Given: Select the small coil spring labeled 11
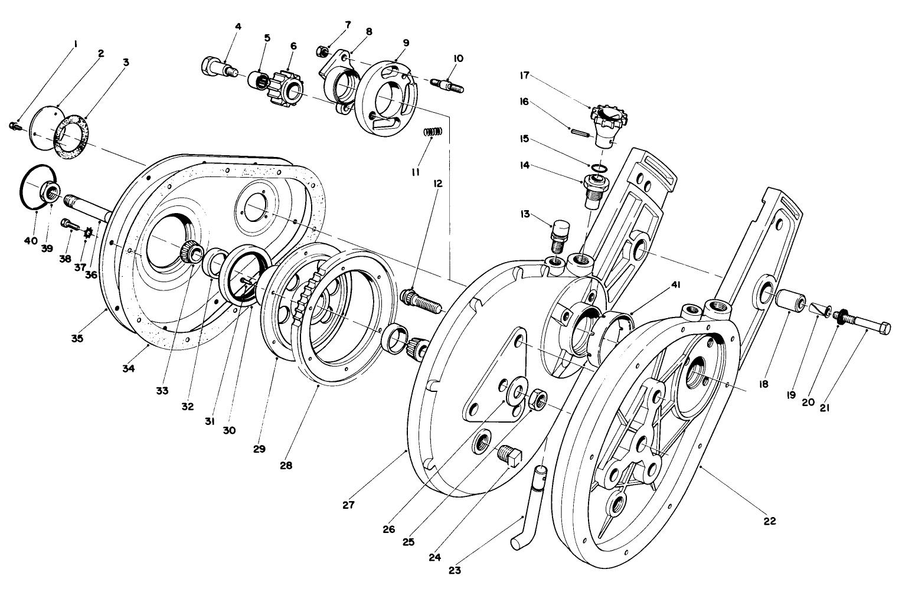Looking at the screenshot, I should point(433,133).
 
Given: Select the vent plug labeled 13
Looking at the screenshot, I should point(559,234).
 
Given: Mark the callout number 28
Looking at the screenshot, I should point(286,465).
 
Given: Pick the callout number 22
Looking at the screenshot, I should point(769,521).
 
